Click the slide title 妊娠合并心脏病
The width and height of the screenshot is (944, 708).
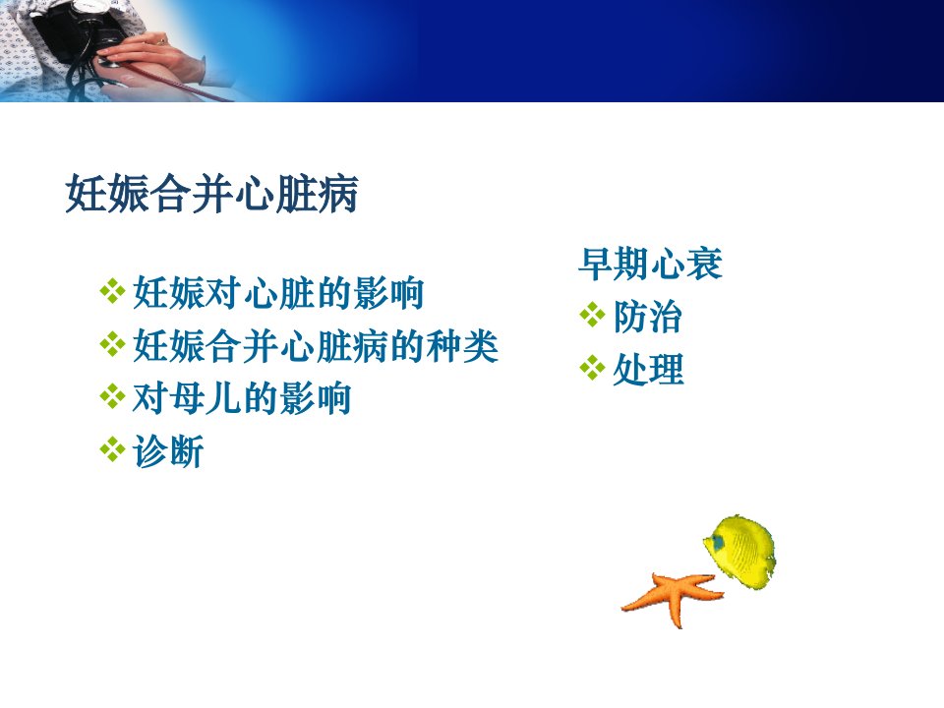click(x=212, y=194)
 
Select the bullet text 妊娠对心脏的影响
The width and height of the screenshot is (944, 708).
click(x=278, y=293)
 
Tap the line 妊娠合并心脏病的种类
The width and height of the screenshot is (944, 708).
click(x=316, y=346)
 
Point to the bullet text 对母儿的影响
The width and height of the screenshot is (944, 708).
click(x=242, y=398)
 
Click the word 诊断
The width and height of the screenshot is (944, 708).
click(x=168, y=451)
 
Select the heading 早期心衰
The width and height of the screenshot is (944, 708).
click(x=650, y=264)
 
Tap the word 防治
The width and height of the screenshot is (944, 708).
click(x=648, y=317)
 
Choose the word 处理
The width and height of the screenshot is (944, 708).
click(x=648, y=369)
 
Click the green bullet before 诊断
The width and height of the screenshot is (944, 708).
click(x=112, y=449)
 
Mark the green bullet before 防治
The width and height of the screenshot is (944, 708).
click(x=592, y=315)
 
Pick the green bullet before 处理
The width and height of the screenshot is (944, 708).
click(x=592, y=368)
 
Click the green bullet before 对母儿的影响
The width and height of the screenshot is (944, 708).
click(x=112, y=396)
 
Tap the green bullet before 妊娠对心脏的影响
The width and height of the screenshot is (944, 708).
click(x=112, y=291)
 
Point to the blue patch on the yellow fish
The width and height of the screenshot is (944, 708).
click(x=717, y=542)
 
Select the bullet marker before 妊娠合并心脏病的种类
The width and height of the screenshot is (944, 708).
click(x=112, y=344)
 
